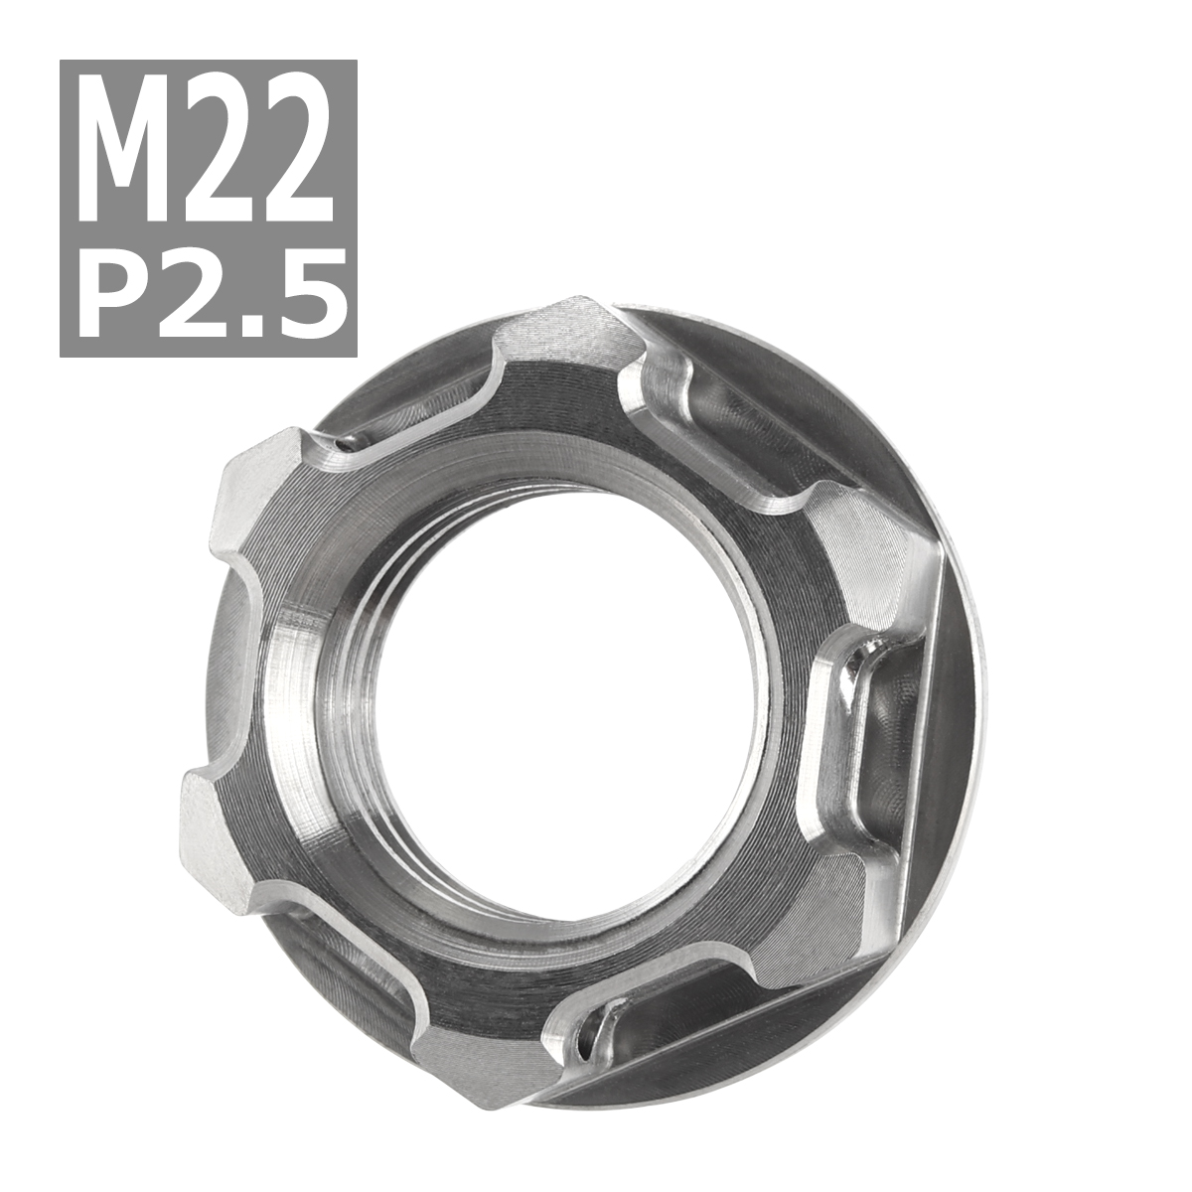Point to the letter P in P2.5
tap(116, 287)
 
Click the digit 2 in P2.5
tap(196, 287)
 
